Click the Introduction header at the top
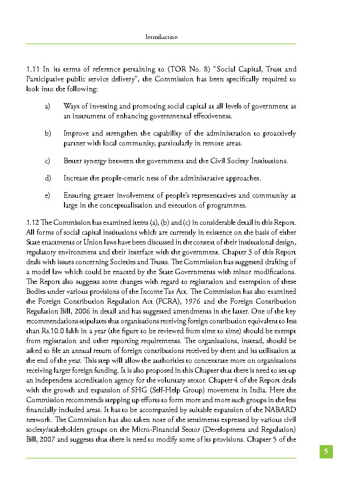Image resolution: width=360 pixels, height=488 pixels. pos(161,37)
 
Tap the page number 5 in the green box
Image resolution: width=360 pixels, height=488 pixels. pos(326,452)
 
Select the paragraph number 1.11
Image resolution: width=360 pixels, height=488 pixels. pos(33,70)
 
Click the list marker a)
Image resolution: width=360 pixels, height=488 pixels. pos(48,106)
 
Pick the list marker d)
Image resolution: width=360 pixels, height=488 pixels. pos(48,178)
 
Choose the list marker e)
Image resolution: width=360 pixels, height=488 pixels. pos(48,196)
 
